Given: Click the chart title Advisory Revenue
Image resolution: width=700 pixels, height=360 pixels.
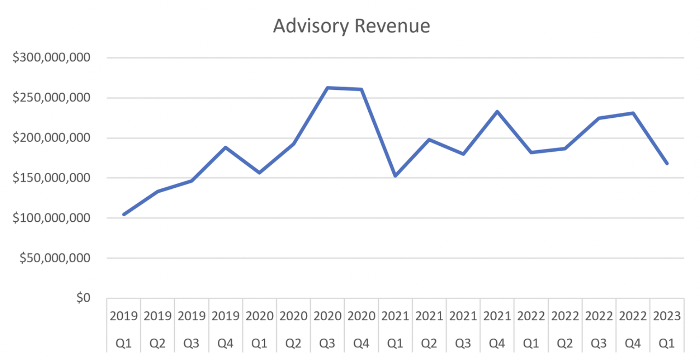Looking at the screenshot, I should [351, 26].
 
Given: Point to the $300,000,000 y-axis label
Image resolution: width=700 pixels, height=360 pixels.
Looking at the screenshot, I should [51, 57].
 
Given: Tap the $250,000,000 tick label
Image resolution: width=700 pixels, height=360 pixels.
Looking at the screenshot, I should [51, 97].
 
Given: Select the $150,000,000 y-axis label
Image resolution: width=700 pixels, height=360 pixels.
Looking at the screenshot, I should [51, 178].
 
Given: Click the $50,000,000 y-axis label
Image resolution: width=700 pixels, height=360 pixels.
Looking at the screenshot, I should [55, 258].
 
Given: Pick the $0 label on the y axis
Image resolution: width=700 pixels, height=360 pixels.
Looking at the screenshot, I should [83, 297].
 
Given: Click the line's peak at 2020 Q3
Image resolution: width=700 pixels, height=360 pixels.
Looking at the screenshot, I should [327, 88].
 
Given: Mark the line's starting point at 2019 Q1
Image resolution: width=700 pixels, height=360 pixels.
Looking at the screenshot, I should [124, 214].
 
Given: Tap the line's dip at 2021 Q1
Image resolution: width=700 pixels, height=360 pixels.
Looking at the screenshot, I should [395, 175].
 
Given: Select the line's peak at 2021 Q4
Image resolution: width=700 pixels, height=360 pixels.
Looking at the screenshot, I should [497, 112].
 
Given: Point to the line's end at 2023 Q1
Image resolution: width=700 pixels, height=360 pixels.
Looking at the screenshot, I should [667, 163].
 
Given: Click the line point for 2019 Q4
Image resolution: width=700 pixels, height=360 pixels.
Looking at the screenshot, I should [225, 147].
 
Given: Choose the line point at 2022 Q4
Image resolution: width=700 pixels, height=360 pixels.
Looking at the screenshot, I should [633, 113].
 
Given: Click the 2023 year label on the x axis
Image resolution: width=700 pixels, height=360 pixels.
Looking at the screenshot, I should [667, 316].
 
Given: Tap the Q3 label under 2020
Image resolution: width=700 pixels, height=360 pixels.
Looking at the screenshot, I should [327, 343].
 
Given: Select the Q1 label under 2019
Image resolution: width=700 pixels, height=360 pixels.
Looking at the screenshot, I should [123, 343].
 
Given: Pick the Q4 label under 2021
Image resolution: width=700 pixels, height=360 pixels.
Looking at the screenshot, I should [497, 343].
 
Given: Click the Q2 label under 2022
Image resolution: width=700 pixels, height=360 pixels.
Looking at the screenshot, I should [565, 343].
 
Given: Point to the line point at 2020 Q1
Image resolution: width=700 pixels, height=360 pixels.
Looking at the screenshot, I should [259, 173].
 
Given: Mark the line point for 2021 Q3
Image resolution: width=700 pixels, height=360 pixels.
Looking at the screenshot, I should [463, 154].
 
